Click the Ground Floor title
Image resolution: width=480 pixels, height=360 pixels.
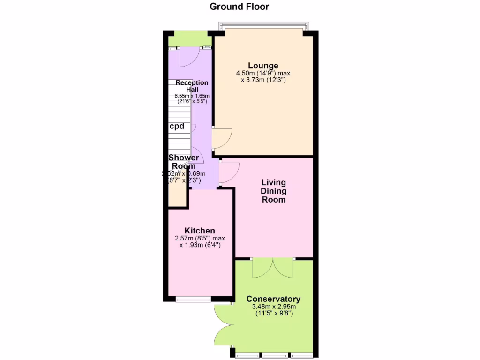pyautogui.click(x=239, y=7)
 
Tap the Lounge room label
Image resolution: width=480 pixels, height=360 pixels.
pyautogui.click(x=263, y=66)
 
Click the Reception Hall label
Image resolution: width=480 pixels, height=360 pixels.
pyautogui.click(x=192, y=86)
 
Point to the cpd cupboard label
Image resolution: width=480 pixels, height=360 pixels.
pyautogui.click(x=176, y=126)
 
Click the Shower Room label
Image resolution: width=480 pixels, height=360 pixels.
pyautogui.click(x=184, y=162)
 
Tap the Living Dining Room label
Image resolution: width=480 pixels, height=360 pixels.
pyautogui.click(x=274, y=191)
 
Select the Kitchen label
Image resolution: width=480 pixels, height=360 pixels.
pyautogui.click(x=200, y=231)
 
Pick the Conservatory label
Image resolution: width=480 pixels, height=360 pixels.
pyautogui.click(x=273, y=299)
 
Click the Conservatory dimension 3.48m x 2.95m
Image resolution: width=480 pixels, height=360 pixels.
pyautogui.click(x=273, y=307)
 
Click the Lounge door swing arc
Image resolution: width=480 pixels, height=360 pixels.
pyautogui.click(x=222, y=139)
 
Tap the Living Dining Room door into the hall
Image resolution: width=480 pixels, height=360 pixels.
pyautogui.click(x=230, y=172)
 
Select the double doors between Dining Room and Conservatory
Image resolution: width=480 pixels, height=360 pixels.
pyautogui.click(x=273, y=268)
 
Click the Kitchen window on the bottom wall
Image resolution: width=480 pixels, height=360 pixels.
pyautogui.click(x=194, y=299)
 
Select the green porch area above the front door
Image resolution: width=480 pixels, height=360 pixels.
pyautogui.click(x=188, y=39)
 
